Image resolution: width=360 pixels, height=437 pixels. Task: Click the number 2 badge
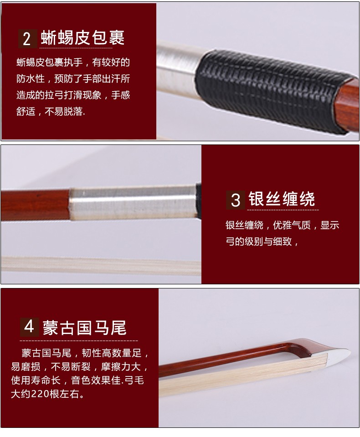click(x=27, y=39)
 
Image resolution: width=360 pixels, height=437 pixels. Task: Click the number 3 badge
click(x=236, y=200)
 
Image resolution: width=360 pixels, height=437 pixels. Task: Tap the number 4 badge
click(x=29, y=327)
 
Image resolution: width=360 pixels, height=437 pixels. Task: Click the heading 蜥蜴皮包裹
click(x=82, y=38)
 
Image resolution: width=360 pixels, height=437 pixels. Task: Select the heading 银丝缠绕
click(x=282, y=199)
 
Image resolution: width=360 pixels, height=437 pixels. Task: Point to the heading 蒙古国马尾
click(x=85, y=328)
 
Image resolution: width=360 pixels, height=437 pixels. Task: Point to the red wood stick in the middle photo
click(x=35, y=205)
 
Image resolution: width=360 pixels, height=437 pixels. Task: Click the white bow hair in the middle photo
click(x=101, y=265)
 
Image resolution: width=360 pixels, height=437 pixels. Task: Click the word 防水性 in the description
click(x=31, y=78)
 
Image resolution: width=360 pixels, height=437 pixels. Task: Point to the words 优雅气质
click(x=292, y=225)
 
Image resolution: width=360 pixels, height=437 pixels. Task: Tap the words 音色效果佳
click(x=96, y=380)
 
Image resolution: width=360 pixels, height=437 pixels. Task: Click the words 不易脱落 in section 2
click(x=64, y=112)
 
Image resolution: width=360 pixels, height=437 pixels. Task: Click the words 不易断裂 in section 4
click(x=71, y=366)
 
